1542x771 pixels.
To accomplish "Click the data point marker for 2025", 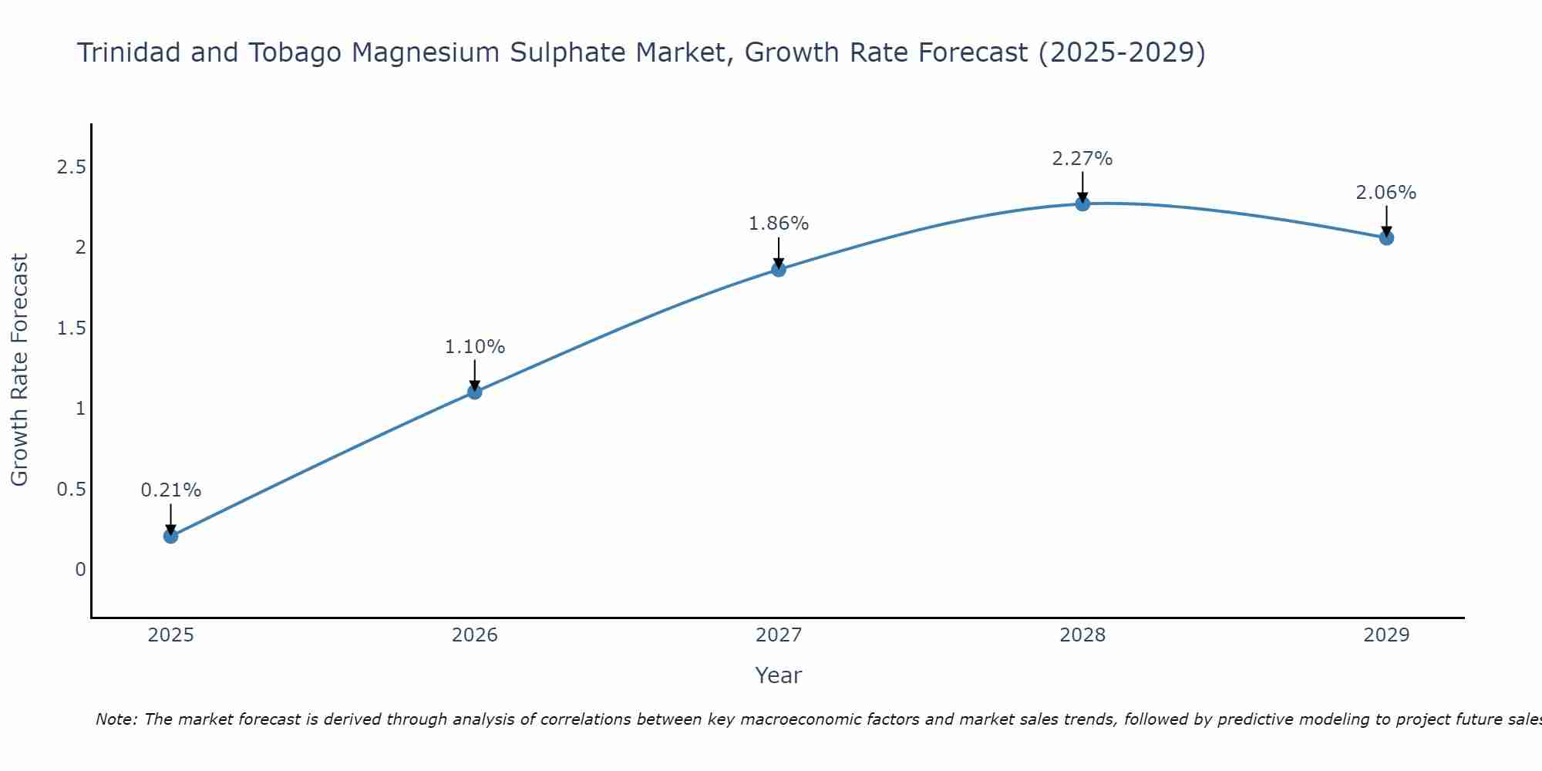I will [171, 536].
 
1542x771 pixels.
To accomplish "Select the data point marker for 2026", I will [475, 392].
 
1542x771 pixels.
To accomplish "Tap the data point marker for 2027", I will [779, 269].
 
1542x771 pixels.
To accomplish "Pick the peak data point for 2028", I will [1082, 204].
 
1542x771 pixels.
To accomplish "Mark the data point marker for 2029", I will [1386, 237].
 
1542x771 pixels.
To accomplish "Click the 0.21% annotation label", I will [171, 490].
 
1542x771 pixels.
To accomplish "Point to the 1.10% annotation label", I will [475, 347].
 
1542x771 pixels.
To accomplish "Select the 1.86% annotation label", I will [779, 224].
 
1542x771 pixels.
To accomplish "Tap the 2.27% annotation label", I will [1082, 159].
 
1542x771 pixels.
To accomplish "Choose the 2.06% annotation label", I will [1386, 193].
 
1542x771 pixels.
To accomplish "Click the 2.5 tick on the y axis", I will [71, 167].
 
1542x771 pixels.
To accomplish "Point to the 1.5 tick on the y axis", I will [71, 328].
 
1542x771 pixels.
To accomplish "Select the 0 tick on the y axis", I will [80, 570].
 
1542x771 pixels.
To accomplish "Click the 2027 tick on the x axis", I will [779, 635].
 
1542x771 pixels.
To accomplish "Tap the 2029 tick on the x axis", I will [1386, 635].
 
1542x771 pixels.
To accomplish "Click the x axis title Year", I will [779, 675].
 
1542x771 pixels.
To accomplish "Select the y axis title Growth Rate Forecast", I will [19, 370].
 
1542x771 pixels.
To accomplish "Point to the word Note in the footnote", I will [116, 719].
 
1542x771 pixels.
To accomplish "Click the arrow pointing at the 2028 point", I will [1082, 187].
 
